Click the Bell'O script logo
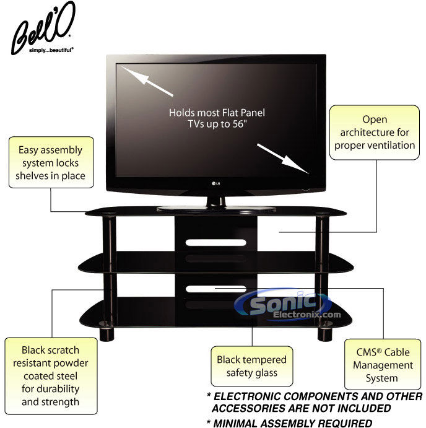(x=43, y=27)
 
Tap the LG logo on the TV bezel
(x=215, y=183)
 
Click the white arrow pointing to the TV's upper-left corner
(x=147, y=81)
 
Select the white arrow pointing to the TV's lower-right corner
(x=283, y=159)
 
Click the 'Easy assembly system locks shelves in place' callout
(x=51, y=162)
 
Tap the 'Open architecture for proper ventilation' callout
(x=375, y=133)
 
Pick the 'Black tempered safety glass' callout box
(x=252, y=366)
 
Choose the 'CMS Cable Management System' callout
(x=383, y=365)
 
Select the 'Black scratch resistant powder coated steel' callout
(x=51, y=376)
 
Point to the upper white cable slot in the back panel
(x=216, y=242)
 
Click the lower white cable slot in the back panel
(x=216, y=289)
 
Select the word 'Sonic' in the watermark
(x=283, y=302)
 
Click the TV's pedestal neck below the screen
(x=216, y=202)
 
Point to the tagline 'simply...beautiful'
(x=51, y=50)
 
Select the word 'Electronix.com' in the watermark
(x=307, y=315)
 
